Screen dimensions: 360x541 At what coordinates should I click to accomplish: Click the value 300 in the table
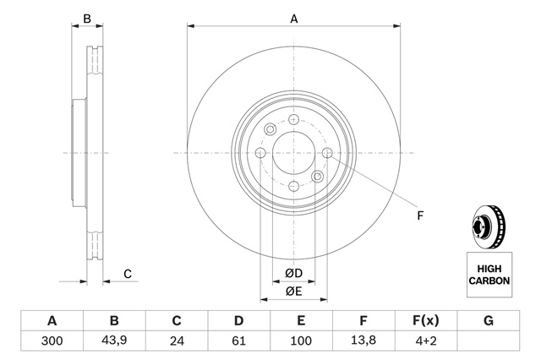(52, 341)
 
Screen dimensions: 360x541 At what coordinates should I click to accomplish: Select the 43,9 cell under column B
(114, 341)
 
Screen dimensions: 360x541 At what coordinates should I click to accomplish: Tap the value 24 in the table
(177, 341)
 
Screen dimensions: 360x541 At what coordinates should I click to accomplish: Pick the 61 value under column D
(238, 341)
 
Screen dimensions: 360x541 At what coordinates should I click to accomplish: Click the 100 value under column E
(301, 341)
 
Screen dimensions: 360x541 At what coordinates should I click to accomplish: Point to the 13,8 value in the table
(363, 341)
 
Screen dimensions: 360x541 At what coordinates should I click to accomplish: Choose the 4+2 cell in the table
(425, 341)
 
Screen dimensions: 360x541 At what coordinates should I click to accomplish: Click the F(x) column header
(425, 321)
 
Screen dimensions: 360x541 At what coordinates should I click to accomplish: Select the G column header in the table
(488, 321)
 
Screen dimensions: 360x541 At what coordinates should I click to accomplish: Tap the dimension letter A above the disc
(294, 19)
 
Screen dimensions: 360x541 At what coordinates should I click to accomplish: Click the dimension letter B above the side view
(87, 19)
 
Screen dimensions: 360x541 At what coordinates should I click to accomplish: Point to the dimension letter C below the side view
(128, 273)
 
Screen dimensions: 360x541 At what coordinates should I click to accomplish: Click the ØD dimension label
(293, 273)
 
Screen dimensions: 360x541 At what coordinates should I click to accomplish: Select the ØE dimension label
(293, 292)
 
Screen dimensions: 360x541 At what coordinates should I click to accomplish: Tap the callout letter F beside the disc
(420, 215)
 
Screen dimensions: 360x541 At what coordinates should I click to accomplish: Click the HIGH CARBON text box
(489, 274)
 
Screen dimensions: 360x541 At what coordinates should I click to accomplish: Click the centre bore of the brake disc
(293, 153)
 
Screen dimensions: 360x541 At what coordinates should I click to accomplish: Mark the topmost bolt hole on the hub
(293, 120)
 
